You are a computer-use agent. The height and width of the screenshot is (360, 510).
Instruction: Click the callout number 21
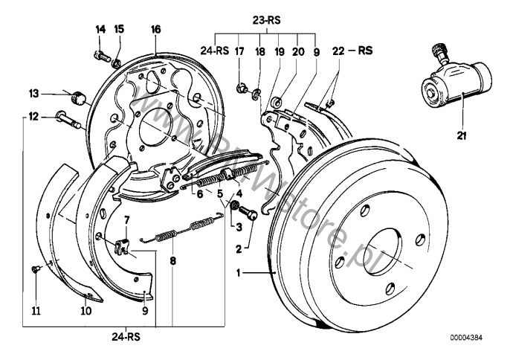(x=461, y=135)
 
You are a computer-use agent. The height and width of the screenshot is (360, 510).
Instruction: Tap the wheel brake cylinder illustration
(x=456, y=81)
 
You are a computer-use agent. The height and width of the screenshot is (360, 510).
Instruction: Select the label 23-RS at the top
(x=266, y=21)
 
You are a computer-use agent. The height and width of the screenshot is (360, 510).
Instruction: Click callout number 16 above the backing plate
(x=156, y=30)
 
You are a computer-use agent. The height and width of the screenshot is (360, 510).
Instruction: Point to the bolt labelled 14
(x=102, y=57)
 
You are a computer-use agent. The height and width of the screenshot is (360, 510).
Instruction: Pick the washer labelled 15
(x=117, y=63)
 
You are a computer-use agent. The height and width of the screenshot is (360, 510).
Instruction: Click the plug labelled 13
(x=78, y=97)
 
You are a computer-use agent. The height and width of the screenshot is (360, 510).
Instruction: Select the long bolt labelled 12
(x=69, y=120)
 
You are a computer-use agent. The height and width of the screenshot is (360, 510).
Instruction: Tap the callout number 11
(x=36, y=311)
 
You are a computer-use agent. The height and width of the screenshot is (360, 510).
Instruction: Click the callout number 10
(x=86, y=311)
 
